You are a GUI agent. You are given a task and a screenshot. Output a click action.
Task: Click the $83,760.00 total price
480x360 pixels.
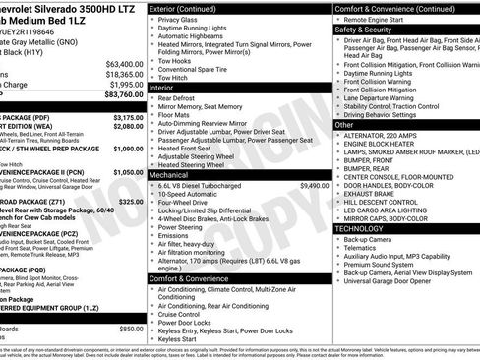[x=118, y=95]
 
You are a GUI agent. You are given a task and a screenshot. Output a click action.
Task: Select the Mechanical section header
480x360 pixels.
[x=169, y=173]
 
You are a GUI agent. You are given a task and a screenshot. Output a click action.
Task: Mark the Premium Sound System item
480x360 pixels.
[x=379, y=265]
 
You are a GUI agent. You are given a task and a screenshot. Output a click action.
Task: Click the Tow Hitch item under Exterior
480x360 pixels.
[x=171, y=77]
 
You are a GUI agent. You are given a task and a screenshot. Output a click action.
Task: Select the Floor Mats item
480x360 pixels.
[x=174, y=114]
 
